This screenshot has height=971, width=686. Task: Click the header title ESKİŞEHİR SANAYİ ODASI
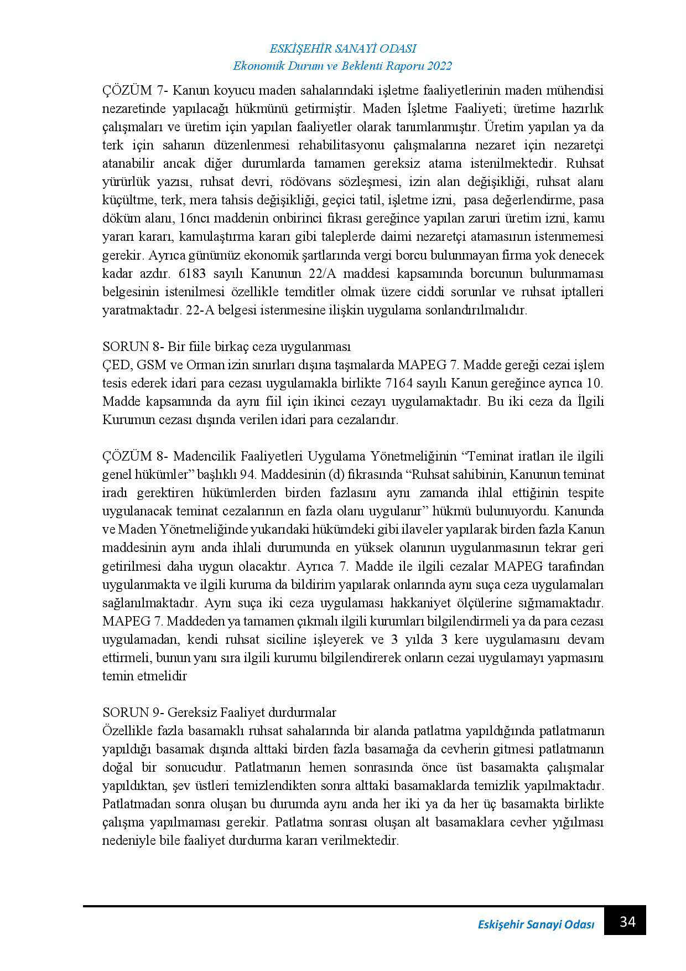[x=343, y=49]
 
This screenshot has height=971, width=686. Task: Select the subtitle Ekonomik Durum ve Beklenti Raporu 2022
[x=343, y=66]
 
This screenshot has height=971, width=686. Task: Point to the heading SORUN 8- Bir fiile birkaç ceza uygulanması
[x=227, y=347]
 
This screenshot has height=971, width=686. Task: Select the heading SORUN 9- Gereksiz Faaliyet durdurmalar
[x=219, y=712]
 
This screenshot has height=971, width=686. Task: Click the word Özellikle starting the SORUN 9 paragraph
[x=127, y=730]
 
